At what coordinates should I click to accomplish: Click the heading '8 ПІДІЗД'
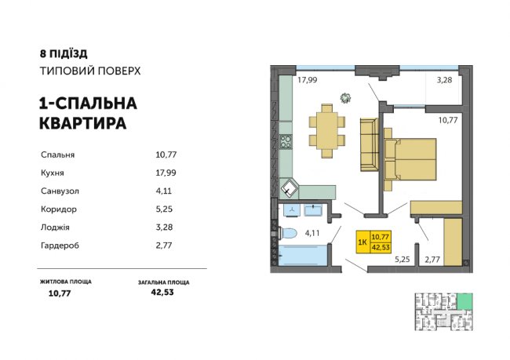[x=63, y=54]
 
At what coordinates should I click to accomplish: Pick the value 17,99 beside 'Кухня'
[x=167, y=173]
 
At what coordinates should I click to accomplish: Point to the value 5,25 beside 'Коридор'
[x=164, y=209]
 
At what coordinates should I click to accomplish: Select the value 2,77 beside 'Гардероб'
[x=164, y=245]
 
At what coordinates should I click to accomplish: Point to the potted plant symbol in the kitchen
[x=345, y=98]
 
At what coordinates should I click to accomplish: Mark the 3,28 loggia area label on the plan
[x=444, y=79]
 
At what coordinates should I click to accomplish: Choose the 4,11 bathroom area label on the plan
[x=312, y=232]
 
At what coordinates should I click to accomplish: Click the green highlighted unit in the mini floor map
[x=467, y=300]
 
